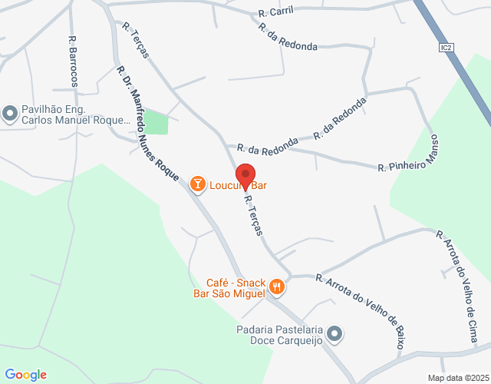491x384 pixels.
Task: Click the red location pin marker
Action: (x=245, y=176)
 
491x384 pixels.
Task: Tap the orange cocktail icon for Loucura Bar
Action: (x=198, y=184)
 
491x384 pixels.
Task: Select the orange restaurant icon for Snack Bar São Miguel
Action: (x=277, y=288)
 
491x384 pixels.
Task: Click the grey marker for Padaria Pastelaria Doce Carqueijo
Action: (x=334, y=333)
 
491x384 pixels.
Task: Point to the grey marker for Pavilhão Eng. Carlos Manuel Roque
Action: (x=10, y=114)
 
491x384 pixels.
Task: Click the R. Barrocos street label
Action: (x=73, y=61)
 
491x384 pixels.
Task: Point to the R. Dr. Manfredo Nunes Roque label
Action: (x=148, y=124)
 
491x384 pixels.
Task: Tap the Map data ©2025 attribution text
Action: (x=458, y=378)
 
